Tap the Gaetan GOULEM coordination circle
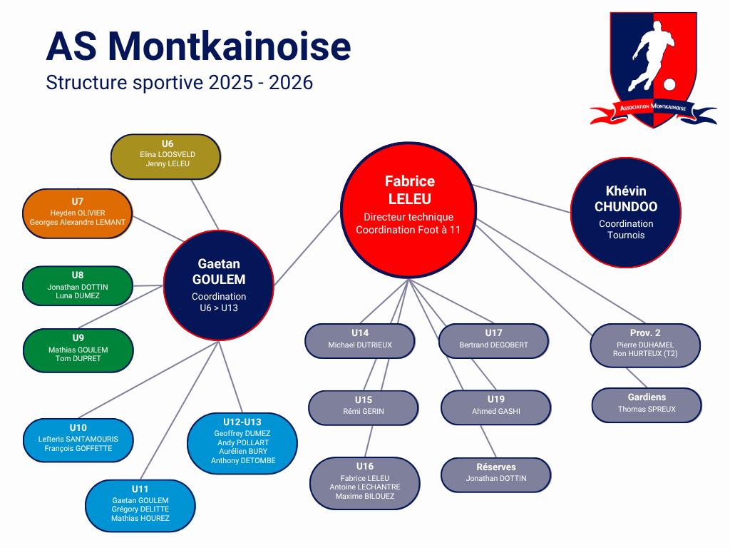219,284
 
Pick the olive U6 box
166,156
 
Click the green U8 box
78,285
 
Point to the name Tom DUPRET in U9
78,359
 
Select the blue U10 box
78,438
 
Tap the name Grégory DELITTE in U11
140,509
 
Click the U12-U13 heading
242,422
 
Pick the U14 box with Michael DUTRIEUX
360,340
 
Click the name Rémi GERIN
364,411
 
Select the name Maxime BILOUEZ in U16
365,496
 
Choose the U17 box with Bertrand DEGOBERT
494,340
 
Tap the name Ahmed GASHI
496,411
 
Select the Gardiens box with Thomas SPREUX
647,405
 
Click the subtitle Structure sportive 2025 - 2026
180,83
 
